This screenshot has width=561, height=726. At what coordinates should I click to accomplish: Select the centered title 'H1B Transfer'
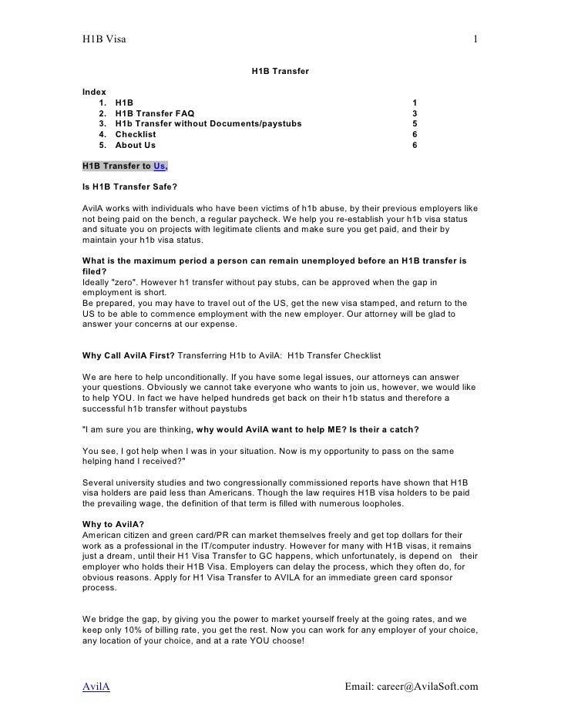280,72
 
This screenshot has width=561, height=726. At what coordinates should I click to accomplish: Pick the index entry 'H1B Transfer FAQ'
155,113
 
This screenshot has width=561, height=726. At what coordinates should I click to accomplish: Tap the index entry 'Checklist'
136,134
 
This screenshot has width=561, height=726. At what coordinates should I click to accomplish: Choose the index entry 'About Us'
135,145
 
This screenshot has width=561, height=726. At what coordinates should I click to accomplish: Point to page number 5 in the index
415,123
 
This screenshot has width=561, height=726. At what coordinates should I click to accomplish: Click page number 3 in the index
415,113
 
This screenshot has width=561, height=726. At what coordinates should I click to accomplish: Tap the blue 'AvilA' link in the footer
96,686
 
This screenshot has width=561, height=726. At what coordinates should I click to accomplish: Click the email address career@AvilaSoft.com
411,686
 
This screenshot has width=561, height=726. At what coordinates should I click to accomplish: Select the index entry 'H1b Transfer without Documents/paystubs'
208,123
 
